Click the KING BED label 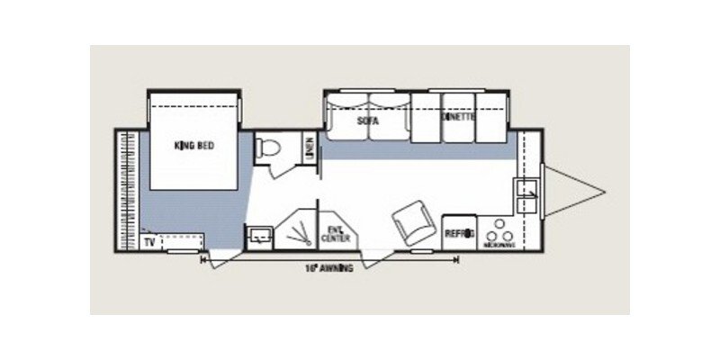tap(194, 146)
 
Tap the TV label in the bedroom tap(148, 242)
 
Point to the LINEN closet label tap(309, 146)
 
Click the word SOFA tap(366, 120)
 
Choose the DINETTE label tap(458, 118)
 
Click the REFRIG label tap(459, 234)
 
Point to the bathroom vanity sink tap(260, 235)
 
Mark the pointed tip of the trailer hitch tap(604, 191)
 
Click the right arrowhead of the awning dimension tap(457, 260)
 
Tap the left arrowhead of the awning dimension tap(203, 260)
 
